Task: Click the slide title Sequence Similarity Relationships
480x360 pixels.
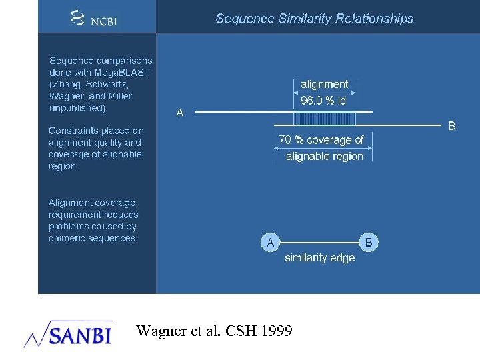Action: pos(314,19)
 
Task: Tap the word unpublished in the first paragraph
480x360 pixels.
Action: pos(77,108)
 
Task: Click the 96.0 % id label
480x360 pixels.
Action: pos(323,101)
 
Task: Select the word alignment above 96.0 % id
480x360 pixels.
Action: pos(324,85)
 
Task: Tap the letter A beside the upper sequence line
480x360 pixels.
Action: pos(180,113)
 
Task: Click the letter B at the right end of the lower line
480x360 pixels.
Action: pos(451,125)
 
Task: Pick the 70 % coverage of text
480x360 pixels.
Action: pos(321,140)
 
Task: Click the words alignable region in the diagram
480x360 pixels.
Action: pos(324,157)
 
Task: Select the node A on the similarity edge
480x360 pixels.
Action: pos(270,243)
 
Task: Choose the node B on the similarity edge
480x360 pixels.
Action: pos(369,243)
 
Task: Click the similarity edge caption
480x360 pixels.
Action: pos(319,258)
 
